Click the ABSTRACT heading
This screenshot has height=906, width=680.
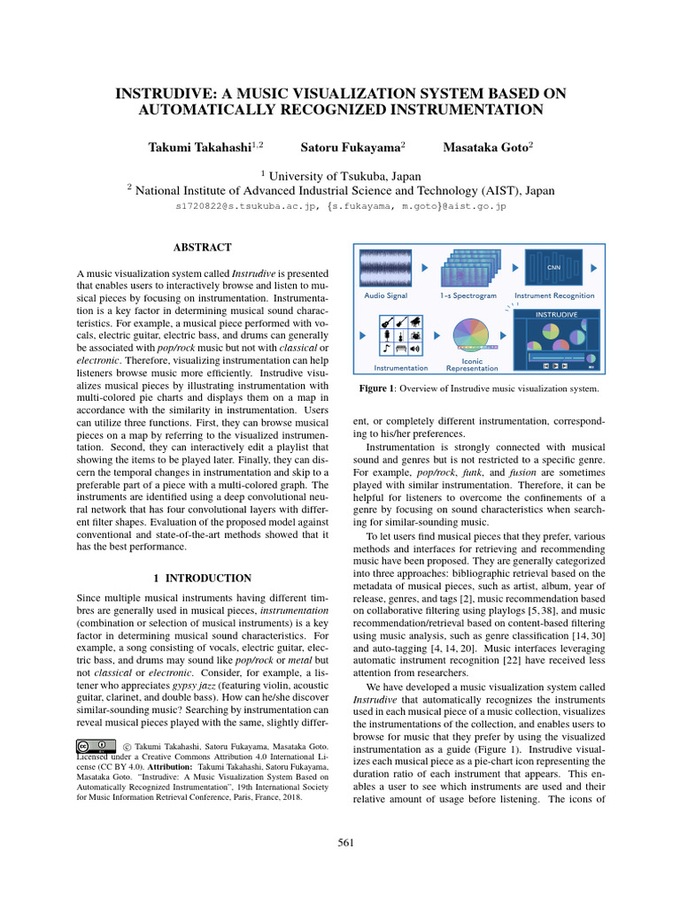coord(203,248)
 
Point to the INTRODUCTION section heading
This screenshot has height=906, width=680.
coord(203,578)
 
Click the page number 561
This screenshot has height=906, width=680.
coord(346,842)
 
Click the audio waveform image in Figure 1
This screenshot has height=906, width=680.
coord(386,268)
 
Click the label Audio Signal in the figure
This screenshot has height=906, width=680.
coord(386,296)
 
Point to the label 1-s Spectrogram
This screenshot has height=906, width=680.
coord(467,296)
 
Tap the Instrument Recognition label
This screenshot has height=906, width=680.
coord(554,296)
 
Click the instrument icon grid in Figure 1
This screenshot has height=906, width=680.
coord(401,336)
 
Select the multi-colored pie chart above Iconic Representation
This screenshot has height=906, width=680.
coord(472,337)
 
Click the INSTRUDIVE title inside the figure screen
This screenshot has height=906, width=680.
coord(556,314)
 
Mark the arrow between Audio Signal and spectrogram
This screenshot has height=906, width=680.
coord(425,267)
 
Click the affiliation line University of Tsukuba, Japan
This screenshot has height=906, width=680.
coord(339,175)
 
